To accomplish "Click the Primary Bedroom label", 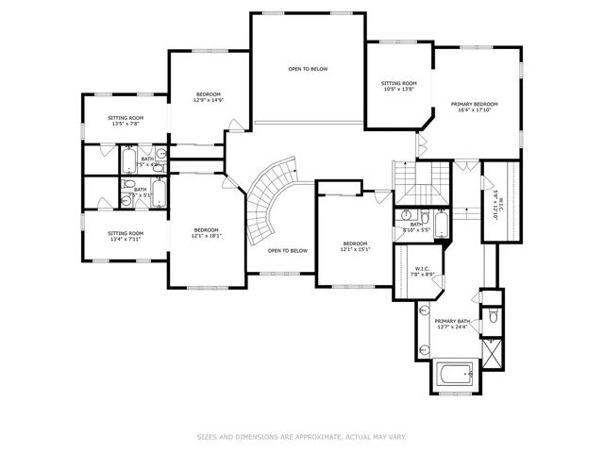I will pyautogui.click(x=474, y=107).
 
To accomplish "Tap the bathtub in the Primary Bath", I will pyautogui.click(x=456, y=376).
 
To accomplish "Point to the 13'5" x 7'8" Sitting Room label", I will pyautogui.click(x=125, y=121).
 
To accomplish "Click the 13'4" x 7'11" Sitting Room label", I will pyautogui.click(x=125, y=236).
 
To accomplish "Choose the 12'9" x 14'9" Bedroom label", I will pyautogui.click(x=209, y=97).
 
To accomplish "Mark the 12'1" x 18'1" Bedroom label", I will pyautogui.click(x=207, y=233).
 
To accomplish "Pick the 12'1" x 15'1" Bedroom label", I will pyautogui.click(x=356, y=246).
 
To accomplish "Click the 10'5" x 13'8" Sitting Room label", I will pyautogui.click(x=398, y=86).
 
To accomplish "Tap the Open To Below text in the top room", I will pyautogui.click(x=308, y=70).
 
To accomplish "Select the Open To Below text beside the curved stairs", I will pyautogui.click(x=287, y=250).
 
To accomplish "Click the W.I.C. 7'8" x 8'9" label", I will pyautogui.click(x=422, y=271).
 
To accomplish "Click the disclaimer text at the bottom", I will pyautogui.click(x=301, y=437).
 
